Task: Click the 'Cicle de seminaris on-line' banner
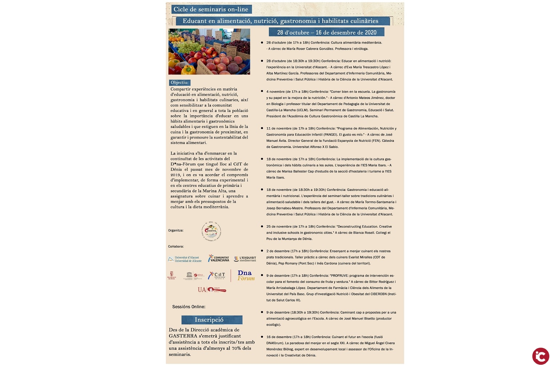click(211, 9)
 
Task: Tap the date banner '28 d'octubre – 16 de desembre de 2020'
click(326, 32)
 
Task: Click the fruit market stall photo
click(209, 52)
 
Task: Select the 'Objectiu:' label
click(180, 83)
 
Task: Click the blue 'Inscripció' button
click(212, 320)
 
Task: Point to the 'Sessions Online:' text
click(189, 307)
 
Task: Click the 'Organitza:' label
click(176, 230)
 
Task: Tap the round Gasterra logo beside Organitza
click(211, 231)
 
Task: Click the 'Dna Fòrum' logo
click(246, 276)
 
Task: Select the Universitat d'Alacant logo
click(185, 259)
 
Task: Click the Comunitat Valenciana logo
click(219, 258)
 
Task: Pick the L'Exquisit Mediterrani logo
click(245, 259)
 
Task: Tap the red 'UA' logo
click(202, 290)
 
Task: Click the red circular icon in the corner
click(541, 356)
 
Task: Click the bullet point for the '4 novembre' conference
click(262, 91)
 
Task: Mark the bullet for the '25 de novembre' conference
click(262, 226)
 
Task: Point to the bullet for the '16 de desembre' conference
click(262, 337)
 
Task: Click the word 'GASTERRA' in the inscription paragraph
click(183, 336)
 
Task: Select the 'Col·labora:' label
click(176, 246)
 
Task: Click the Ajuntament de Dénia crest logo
click(171, 275)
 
